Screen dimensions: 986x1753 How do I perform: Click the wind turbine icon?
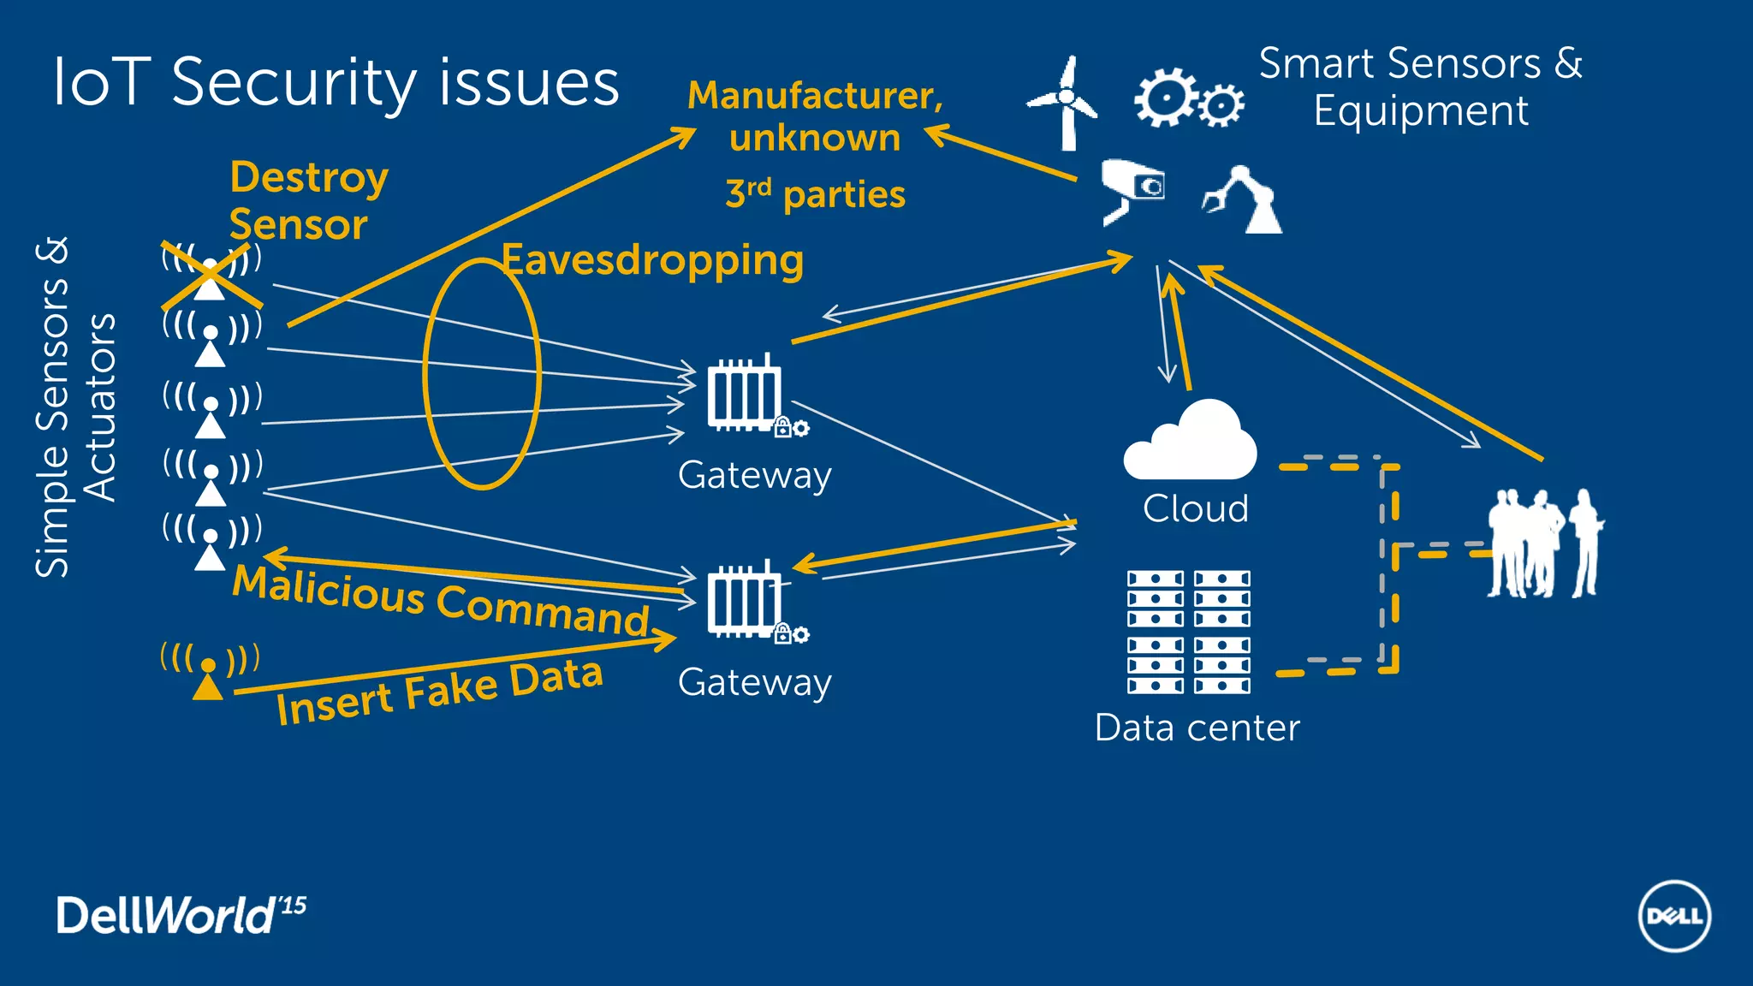click(x=1064, y=103)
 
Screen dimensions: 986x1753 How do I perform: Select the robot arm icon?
click(x=1245, y=201)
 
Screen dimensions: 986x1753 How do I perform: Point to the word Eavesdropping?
click(x=653, y=260)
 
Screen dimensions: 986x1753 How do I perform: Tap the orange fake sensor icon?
click(x=209, y=672)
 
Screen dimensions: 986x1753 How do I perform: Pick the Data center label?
click(x=1197, y=728)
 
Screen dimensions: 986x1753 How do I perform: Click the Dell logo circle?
click(x=1674, y=916)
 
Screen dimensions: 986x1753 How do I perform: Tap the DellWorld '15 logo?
click(x=181, y=914)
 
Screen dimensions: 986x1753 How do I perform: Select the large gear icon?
click(x=1165, y=97)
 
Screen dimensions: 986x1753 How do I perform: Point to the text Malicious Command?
click(x=441, y=600)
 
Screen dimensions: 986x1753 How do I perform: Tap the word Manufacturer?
click(x=815, y=95)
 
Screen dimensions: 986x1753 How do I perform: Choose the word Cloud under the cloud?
click(x=1195, y=508)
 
